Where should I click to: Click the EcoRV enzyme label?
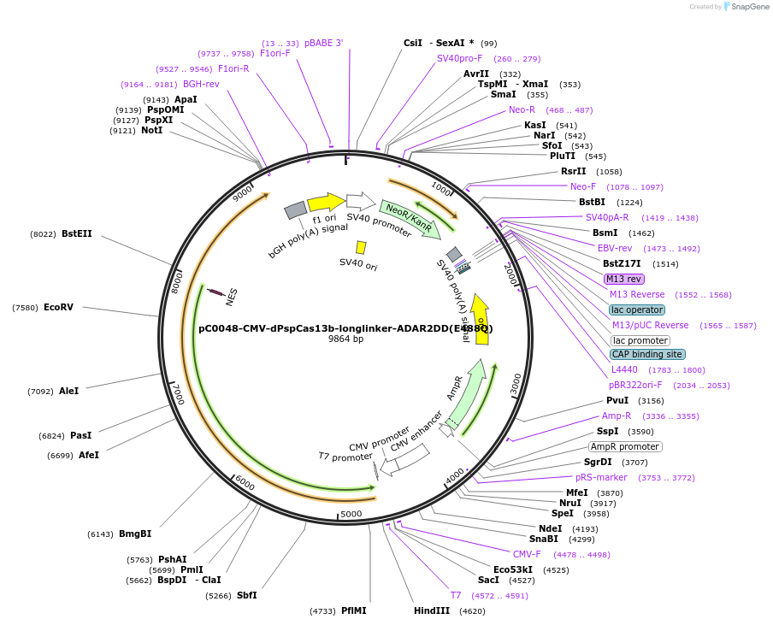(x=58, y=308)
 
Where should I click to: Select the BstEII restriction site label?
(x=76, y=233)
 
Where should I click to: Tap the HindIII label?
(x=431, y=610)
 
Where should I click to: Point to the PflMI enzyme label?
(x=353, y=610)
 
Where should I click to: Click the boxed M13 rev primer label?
(x=623, y=279)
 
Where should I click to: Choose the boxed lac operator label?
(x=636, y=310)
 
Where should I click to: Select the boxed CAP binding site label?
(x=646, y=354)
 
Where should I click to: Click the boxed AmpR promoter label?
(x=624, y=446)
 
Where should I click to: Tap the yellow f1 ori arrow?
(x=326, y=202)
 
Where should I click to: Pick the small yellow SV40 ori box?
(x=362, y=247)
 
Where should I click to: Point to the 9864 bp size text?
(x=345, y=339)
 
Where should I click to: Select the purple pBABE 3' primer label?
(x=323, y=43)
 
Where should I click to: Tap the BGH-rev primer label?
(x=201, y=84)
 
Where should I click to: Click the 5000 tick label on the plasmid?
(x=351, y=514)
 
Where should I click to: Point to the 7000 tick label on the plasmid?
(x=178, y=394)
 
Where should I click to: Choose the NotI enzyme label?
(x=151, y=130)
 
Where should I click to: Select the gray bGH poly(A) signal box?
(x=295, y=209)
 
